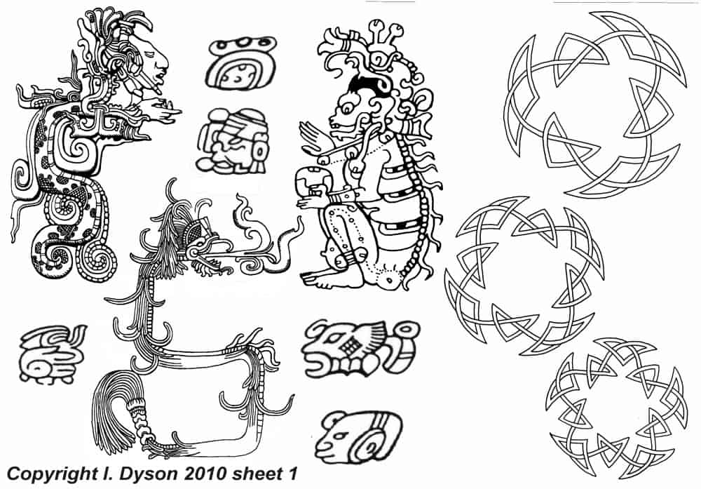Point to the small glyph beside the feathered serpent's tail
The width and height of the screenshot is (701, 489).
tap(51, 354)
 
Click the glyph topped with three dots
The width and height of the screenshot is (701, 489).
tap(240, 63)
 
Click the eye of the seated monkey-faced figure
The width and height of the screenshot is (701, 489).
tap(348, 108)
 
